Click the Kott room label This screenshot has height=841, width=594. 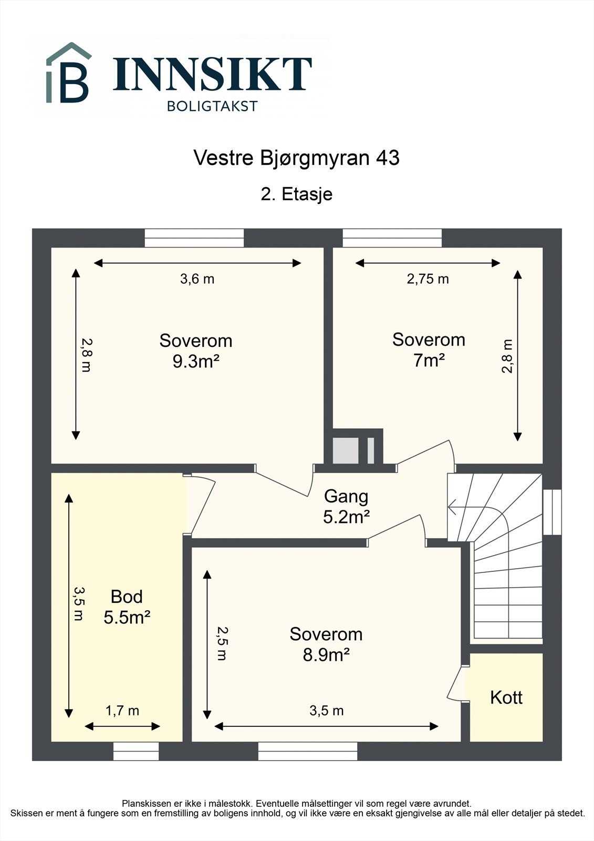[x=506, y=698]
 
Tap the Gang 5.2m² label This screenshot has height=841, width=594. [x=346, y=507]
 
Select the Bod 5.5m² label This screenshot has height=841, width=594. [x=127, y=607]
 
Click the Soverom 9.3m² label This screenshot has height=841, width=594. [x=195, y=351]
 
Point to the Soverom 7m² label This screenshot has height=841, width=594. [x=429, y=350]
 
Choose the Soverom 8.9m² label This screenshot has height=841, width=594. [x=326, y=644]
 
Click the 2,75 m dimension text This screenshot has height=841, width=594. [x=428, y=279]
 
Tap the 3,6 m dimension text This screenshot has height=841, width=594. [x=197, y=279]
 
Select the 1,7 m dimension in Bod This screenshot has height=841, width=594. [x=122, y=711]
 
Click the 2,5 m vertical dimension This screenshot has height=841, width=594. [x=222, y=643]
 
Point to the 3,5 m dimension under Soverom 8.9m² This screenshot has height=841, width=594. [x=326, y=711]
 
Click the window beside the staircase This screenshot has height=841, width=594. [x=552, y=512]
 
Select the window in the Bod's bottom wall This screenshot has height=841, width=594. [x=136, y=751]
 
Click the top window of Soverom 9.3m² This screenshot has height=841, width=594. [x=194, y=238]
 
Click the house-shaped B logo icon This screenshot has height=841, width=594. [x=69, y=74]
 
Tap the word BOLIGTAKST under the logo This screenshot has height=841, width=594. [x=212, y=106]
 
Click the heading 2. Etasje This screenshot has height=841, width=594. [x=297, y=194]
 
